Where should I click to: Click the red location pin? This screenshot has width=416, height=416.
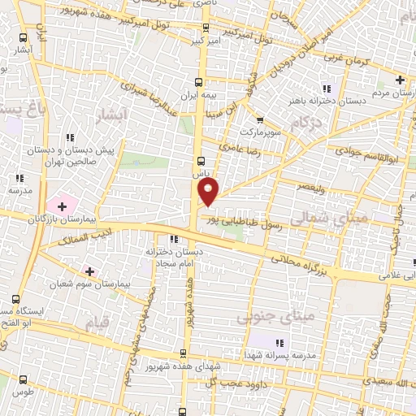pyautogui.click(x=209, y=191)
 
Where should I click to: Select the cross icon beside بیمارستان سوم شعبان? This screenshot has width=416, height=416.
pyautogui.click(x=89, y=271)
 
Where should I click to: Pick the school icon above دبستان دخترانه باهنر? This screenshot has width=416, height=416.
pyautogui.click(x=326, y=89)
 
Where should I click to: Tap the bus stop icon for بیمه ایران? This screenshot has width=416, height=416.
pyautogui.click(x=200, y=83)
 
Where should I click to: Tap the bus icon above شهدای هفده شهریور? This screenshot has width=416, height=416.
pyautogui.click(x=182, y=353)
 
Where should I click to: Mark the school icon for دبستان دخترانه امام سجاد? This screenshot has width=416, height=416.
pyautogui.click(x=173, y=240)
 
